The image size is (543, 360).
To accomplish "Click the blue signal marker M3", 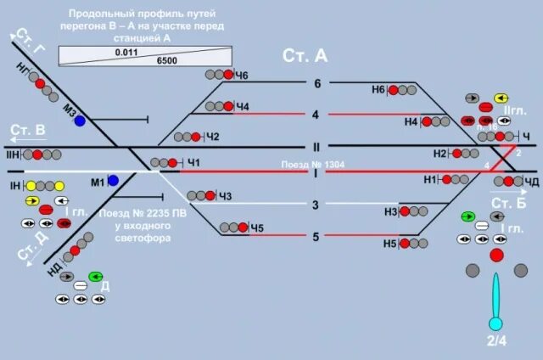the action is (x=80, y=121).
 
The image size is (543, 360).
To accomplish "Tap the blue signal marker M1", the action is (x=113, y=181).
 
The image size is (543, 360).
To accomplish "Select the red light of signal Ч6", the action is (x=228, y=76).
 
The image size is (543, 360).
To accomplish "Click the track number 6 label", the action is (x=317, y=83).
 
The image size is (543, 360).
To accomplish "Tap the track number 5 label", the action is (x=316, y=237).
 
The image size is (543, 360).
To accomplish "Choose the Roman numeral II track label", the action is (x=316, y=146).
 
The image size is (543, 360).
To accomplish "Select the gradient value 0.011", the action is (x=126, y=52).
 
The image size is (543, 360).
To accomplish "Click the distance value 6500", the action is (x=166, y=61).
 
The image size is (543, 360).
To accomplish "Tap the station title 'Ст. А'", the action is (x=305, y=56).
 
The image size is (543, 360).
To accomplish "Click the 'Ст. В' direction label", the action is (x=28, y=130).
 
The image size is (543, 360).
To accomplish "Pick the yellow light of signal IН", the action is (x=31, y=185).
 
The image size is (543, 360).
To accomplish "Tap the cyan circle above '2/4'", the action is (x=496, y=323).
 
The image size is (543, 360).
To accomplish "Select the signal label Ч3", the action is (x=225, y=197).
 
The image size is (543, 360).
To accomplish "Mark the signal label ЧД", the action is (x=531, y=181).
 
